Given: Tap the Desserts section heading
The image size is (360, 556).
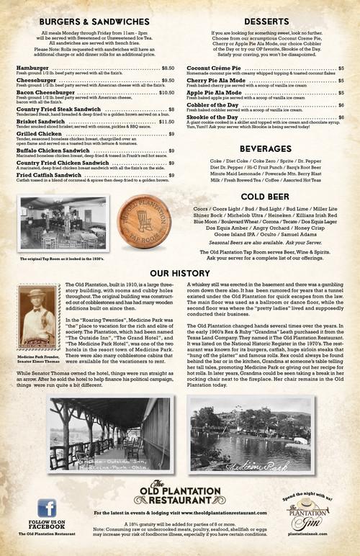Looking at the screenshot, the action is (266, 22).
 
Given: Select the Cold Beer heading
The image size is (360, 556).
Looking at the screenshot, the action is (265, 196).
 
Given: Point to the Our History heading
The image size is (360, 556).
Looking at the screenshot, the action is (180, 274).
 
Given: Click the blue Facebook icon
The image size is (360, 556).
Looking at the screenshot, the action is (47, 508).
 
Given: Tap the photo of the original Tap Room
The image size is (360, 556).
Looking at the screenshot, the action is (63, 223).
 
